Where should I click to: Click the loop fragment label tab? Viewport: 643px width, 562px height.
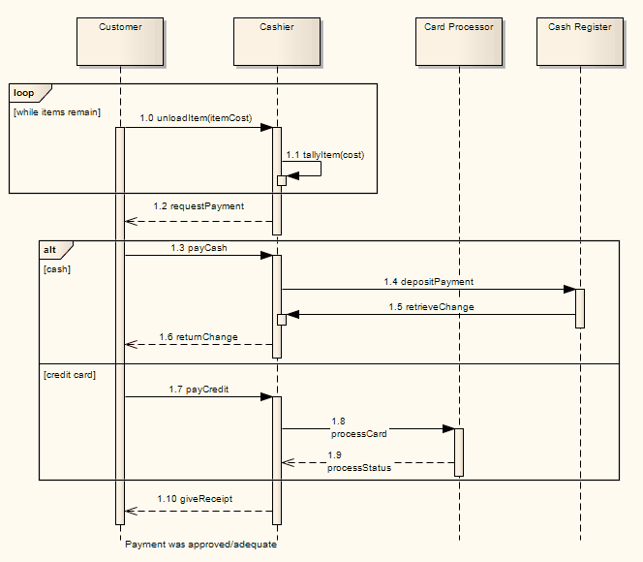coord(24,93)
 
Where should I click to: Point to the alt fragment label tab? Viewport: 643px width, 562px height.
coord(50,249)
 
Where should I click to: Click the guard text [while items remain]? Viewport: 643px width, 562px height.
coord(57,112)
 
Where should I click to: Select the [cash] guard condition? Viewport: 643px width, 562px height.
coord(58,268)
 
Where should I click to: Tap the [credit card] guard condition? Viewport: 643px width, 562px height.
coord(70,374)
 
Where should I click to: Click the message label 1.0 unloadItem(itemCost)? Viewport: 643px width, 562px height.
coord(196,118)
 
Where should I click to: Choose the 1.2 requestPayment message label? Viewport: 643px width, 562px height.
coord(199,205)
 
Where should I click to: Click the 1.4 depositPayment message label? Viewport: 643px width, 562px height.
coord(428,281)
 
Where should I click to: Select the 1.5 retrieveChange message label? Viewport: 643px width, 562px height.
coord(429,306)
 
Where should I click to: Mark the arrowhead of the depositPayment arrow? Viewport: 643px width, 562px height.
coord(569,289)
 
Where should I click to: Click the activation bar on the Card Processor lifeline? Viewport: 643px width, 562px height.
coord(459,452)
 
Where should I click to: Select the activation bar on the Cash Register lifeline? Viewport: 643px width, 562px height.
coord(579,308)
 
